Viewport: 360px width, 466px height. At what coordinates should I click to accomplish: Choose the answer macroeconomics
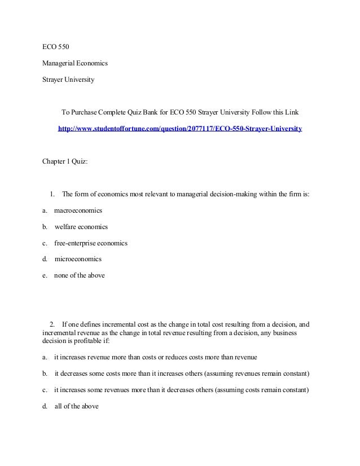78,210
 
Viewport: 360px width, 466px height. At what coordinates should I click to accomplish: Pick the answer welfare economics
81,227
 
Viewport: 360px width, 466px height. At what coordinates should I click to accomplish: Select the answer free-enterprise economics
90,243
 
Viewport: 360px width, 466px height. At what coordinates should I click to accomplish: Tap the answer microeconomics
78,260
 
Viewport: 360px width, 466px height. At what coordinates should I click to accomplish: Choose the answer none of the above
79,276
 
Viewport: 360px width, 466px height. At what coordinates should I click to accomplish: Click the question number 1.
51,195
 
